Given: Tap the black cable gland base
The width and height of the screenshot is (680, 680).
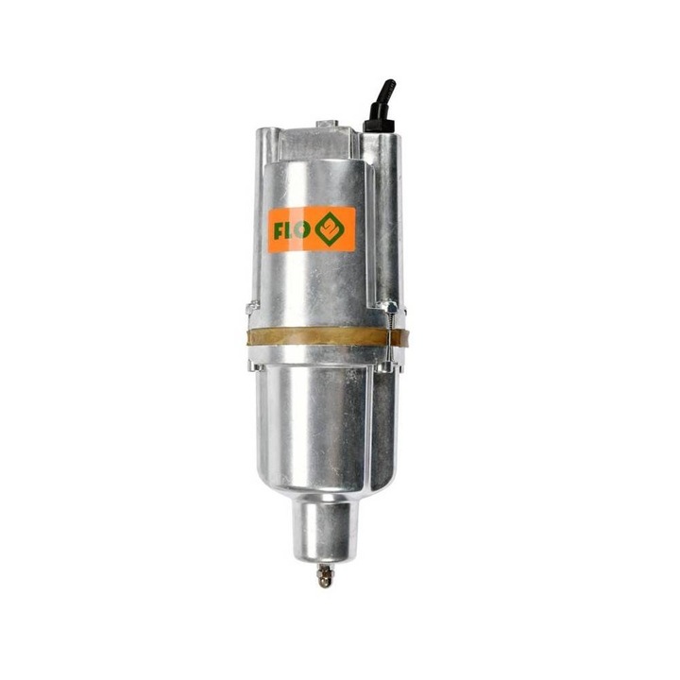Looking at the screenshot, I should point(377,123).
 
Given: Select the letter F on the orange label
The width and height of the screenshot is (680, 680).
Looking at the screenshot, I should point(280,229).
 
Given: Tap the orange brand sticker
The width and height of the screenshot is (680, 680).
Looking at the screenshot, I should point(311,229).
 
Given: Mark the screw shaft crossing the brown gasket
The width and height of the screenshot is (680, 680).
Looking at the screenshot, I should point(387,336).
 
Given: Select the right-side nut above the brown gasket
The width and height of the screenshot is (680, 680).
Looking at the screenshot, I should point(386,308).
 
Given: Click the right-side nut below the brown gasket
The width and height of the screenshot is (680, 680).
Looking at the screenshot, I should point(388,364).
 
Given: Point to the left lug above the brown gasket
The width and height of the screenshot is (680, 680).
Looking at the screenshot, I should point(252,308).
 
